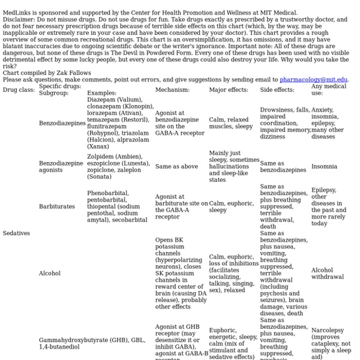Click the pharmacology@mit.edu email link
[313, 79]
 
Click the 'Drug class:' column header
[19, 90]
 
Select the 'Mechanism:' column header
[172, 90]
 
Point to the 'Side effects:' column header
[277, 90]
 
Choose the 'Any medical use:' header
[325, 90]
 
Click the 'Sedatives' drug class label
[16, 233]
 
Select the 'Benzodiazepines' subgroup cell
[62, 123]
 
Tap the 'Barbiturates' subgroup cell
[57, 206]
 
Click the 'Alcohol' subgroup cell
[50, 273]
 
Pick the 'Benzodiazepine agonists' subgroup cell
[61, 166]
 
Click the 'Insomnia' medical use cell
[324, 166]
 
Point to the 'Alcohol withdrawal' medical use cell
[327, 274]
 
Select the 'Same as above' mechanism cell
[176, 166]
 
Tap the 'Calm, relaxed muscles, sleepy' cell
[231, 123]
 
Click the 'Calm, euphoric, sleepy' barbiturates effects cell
[231, 206]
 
